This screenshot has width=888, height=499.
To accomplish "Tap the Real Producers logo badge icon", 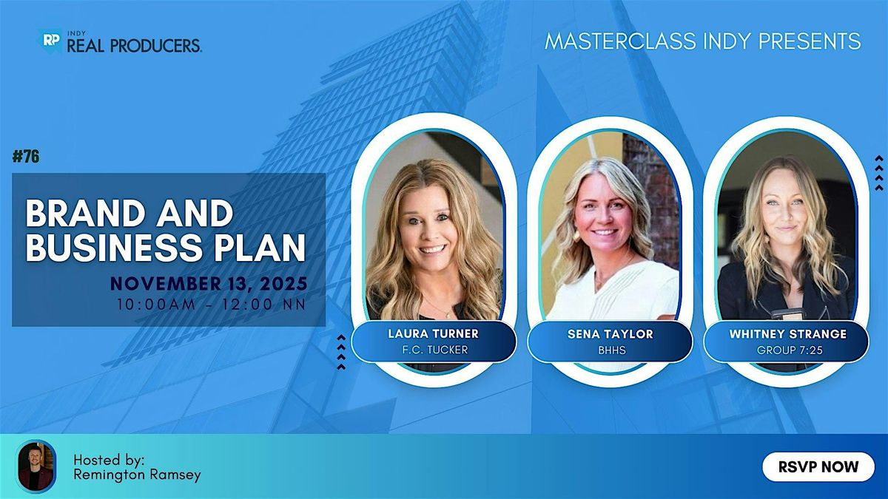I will pos(50,41).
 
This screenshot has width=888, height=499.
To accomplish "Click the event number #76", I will pos(26,157).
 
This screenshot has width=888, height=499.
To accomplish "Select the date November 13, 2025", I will pos(209,283).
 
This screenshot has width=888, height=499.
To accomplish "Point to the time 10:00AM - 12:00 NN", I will pos(210,303).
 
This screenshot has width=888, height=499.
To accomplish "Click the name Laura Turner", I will pos(434,334).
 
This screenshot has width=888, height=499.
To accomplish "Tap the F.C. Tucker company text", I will pos(434,350).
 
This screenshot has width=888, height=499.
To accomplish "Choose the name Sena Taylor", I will pos(610,334).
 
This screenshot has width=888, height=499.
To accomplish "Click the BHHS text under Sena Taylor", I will pos(610,350).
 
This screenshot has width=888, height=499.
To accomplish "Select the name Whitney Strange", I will pos(787,334).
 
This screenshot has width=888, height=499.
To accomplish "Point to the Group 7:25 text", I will pos(787,350).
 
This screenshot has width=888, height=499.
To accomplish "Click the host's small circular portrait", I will pos(36,466).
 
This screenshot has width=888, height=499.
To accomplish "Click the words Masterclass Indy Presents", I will pos(702,41).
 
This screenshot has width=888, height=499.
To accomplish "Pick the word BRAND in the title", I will pos(77,215).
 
